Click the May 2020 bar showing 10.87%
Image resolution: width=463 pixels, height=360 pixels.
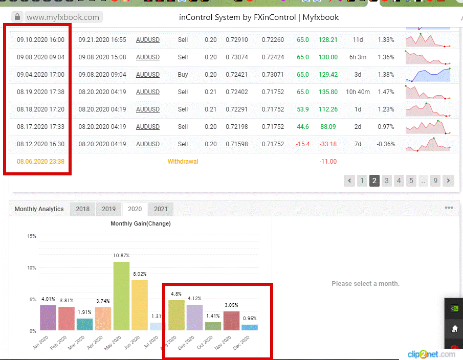pyautogui.click(x=121, y=296)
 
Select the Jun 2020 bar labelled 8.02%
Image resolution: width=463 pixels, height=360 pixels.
pyautogui.click(x=140, y=305)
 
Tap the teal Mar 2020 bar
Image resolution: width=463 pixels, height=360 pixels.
pyautogui.click(x=85, y=324)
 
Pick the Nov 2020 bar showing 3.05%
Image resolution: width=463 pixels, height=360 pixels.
pyautogui.click(x=231, y=321)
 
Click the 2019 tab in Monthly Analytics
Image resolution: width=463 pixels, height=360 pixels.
pyautogui.click(x=108, y=209)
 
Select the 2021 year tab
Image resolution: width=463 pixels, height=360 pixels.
pyautogui.click(x=161, y=209)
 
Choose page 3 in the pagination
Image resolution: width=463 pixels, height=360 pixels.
pyautogui.click(x=387, y=181)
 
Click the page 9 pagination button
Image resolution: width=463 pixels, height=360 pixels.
pyautogui.click(x=435, y=181)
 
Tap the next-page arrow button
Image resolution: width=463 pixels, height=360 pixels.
pyautogui.click(x=448, y=181)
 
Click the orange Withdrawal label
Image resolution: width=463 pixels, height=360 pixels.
pyautogui.click(x=183, y=162)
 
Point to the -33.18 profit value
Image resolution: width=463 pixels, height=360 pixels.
pyautogui.click(x=328, y=144)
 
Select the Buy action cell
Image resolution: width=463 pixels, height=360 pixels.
pyautogui.click(x=183, y=75)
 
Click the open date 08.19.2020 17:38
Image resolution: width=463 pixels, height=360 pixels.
pyautogui.click(x=40, y=92)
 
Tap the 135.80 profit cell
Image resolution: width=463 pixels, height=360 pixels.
pyautogui.click(x=328, y=92)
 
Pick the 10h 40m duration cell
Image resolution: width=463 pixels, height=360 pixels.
pyautogui.click(x=358, y=92)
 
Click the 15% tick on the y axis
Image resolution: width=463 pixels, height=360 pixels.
pyautogui.click(x=32, y=236)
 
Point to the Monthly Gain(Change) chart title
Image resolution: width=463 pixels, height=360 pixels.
pyautogui.click(x=141, y=223)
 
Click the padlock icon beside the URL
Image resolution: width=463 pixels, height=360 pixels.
pyautogui.click(x=17, y=17)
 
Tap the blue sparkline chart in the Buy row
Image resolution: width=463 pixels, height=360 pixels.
pyautogui.click(x=428, y=75)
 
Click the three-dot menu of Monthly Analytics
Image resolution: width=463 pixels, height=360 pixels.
pyautogui.click(x=449, y=208)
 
